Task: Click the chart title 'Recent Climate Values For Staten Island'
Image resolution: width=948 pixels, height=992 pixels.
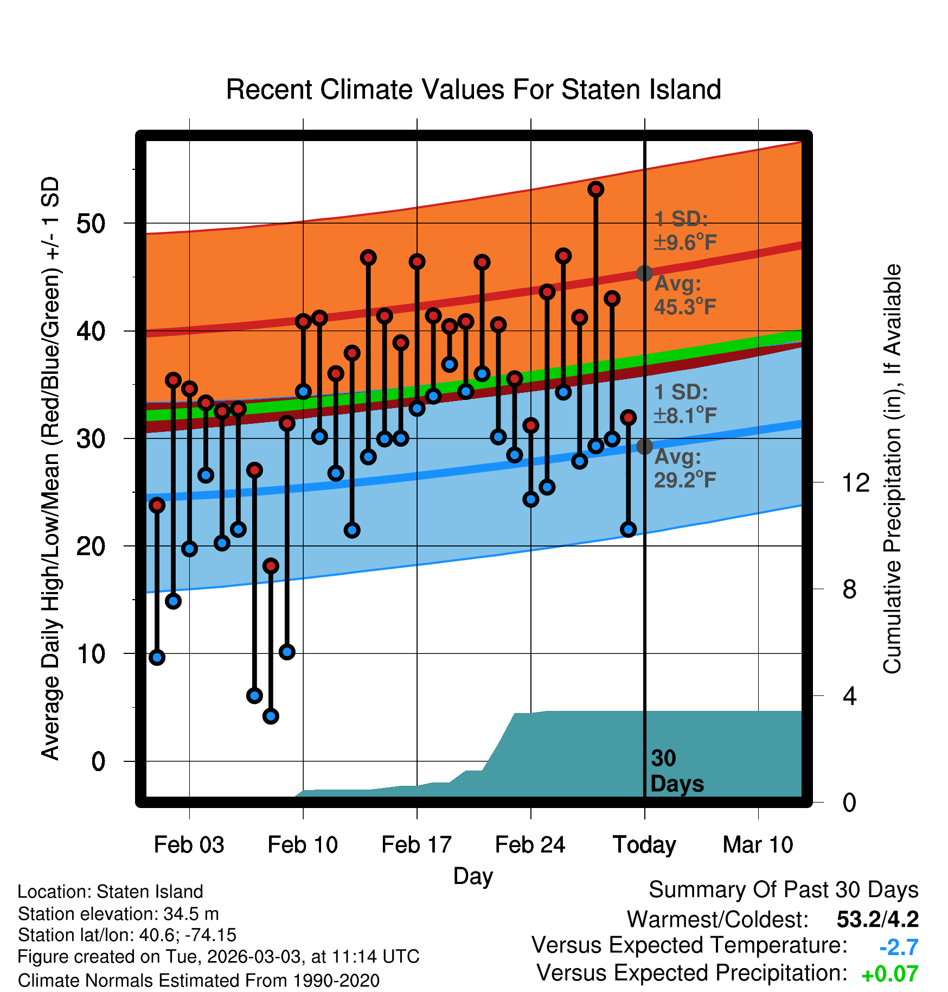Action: (x=473, y=90)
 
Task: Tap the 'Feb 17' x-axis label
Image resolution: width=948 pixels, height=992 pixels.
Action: (x=417, y=844)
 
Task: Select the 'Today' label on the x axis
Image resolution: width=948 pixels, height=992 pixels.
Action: (x=644, y=845)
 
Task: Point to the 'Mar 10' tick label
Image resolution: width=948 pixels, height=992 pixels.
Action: (x=758, y=844)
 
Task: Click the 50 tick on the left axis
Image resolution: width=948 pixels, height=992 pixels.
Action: (x=91, y=223)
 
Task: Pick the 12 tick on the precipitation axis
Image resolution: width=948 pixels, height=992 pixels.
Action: (x=856, y=482)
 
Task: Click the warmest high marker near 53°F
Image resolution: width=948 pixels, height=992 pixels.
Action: (x=596, y=189)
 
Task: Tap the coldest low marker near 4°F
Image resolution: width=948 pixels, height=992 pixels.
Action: (x=271, y=716)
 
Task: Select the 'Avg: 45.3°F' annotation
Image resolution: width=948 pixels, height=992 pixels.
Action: (x=686, y=295)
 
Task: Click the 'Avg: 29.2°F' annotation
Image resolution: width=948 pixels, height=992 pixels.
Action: (x=686, y=468)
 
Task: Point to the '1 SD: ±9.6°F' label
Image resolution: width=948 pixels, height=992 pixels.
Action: (x=686, y=231)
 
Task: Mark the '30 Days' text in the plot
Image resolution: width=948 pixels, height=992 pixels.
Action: (x=677, y=771)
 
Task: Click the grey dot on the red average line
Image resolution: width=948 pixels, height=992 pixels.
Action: (x=644, y=273)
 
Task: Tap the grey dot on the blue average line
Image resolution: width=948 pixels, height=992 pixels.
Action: (x=644, y=446)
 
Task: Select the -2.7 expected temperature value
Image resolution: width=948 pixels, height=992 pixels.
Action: (x=899, y=947)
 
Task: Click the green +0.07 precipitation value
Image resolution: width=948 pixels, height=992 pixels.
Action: (x=890, y=974)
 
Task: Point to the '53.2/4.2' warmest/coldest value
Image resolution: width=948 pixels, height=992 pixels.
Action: (x=877, y=919)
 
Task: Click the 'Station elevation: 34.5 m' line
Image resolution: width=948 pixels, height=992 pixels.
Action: (x=118, y=914)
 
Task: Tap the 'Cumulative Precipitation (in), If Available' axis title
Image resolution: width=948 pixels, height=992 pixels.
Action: (x=892, y=469)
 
